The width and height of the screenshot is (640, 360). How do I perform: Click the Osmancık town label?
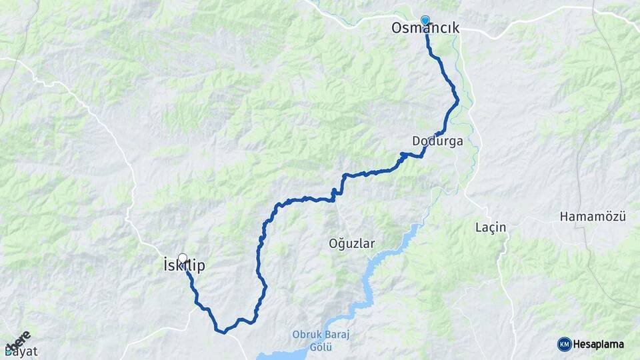click(425, 29)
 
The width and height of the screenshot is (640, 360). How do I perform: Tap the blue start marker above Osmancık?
click(425, 20)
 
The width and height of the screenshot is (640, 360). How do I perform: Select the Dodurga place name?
click(437, 141)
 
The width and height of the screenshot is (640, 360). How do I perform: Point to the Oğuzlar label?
click(352, 243)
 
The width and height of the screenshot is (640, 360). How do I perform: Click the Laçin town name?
click(491, 227)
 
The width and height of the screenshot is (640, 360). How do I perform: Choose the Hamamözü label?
click(592, 217)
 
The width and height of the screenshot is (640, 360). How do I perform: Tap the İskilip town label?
click(184, 266)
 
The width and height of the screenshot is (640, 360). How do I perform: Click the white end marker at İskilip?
click(182, 257)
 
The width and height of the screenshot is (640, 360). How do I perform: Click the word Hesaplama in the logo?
click(599, 344)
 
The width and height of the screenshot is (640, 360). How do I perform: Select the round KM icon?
click(564, 344)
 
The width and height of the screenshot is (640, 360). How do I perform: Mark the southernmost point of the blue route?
click(225, 331)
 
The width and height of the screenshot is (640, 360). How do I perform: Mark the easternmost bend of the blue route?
click(458, 101)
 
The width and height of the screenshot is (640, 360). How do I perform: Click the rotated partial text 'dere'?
click(18, 340)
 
